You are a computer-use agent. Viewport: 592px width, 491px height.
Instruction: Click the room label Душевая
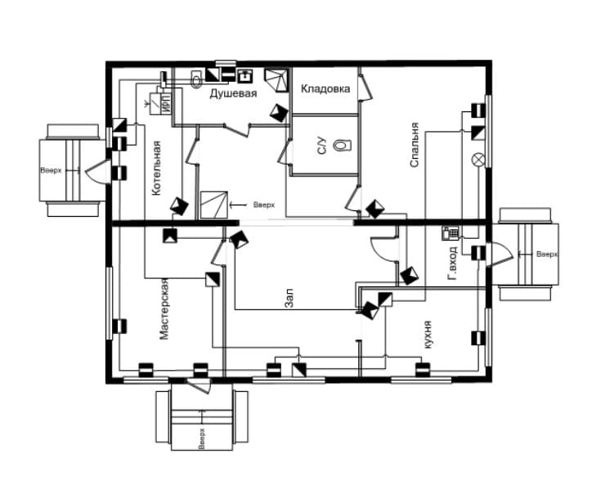[x=233, y=93]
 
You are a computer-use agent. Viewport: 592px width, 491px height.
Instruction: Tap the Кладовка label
[x=325, y=89]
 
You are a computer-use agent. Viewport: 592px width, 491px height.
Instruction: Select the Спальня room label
[x=415, y=144]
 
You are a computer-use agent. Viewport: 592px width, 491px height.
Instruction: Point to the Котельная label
[x=157, y=168]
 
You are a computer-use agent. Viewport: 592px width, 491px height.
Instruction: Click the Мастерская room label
[x=164, y=309]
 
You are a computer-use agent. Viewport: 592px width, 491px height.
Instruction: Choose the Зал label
[x=289, y=298]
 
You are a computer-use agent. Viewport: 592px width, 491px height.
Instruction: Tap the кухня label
[x=428, y=335]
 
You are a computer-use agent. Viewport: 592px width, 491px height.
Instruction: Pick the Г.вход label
[x=452, y=264]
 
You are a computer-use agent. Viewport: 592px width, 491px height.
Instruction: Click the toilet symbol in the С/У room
[x=343, y=145]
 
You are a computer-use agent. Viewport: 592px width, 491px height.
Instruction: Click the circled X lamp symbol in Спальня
[x=478, y=159]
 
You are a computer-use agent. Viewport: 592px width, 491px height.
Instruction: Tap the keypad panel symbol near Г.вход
[x=451, y=233]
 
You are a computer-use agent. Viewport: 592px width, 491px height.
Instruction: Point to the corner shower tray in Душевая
[x=276, y=79]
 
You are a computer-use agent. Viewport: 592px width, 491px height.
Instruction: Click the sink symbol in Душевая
[x=245, y=75]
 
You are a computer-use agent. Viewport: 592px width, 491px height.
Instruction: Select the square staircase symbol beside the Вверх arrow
[x=213, y=205]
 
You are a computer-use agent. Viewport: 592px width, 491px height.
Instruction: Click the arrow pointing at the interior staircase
[x=237, y=205]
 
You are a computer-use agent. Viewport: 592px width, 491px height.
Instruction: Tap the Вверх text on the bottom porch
[x=202, y=439]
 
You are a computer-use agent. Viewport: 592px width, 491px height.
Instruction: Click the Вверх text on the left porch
[x=51, y=170]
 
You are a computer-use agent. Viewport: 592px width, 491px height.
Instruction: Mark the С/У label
[x=321, y=146]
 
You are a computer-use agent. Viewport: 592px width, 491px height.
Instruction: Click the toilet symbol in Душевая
[x=195, y=79]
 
